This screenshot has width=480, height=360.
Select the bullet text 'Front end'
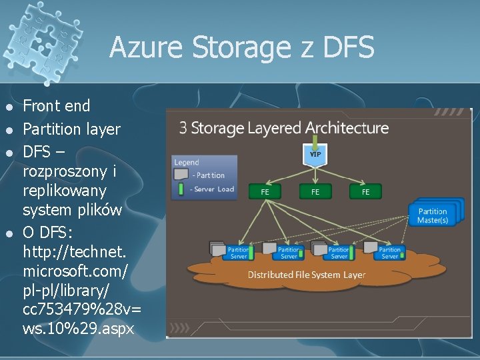pyautogui.click(x=57, y=105)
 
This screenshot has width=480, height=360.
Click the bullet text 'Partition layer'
pyautogui.click(x=71, y=129)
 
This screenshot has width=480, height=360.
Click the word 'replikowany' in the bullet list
pyautogui.click(x=64, y=191)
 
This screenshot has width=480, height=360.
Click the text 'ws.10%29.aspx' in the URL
pyautogui.click(x=79, y=328)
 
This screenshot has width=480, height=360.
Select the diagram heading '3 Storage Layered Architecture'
pyautogui.click(x=283, y=127)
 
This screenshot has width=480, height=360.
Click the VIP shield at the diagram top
pyautogui.click(x=315, y=153)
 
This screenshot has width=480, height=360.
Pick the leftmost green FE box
pyautogui.click(x=265, y=191)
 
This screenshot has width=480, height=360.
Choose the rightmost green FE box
pyautogui.click(x=365, y=191)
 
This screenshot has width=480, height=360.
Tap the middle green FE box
pyautogui.click(x=315, y=191)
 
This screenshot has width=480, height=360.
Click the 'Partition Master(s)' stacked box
pyautogui.click(x=433, y=215)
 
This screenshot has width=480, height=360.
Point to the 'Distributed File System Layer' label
pyautogui.click(x=306, y=275)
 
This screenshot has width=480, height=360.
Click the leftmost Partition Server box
pyautogui.click(x=238, y=253)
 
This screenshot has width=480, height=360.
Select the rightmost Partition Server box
pyautogui.click(x=389, y=253)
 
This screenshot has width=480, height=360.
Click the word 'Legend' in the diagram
pyautogui.click(x=187, y=162)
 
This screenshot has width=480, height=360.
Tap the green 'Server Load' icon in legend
pyautogui.click(x=180, y=189)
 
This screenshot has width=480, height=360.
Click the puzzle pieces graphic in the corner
pyautogui.click(x=33, y=30)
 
